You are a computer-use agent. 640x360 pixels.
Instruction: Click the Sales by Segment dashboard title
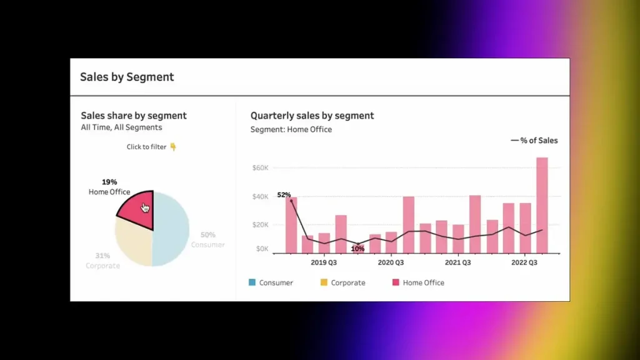[x=127, y=77]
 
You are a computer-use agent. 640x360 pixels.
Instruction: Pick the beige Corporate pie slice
[x=132, y=245]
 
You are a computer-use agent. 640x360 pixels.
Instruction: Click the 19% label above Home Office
[x=109, y=182]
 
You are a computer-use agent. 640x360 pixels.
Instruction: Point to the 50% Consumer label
[x=207, y=235]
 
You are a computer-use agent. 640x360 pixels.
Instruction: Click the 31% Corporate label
[x=102, y=256]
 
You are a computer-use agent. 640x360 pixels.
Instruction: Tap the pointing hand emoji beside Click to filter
[x=173, y=147]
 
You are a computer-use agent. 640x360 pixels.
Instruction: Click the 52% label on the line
[x=284, y=195]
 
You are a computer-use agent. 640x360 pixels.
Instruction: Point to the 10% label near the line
[x=357, y=249]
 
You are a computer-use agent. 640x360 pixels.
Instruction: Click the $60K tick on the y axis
[x=260, y=168]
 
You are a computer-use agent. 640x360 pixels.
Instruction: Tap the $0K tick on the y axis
[x=262, y=249]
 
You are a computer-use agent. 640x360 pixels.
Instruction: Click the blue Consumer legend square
[x=252, y=282]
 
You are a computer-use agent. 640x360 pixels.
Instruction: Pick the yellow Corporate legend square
[x=324, y=282]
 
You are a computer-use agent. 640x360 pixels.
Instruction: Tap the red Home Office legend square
[x=395, y=282]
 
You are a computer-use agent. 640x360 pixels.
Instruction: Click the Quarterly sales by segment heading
[x=312, y=116]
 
